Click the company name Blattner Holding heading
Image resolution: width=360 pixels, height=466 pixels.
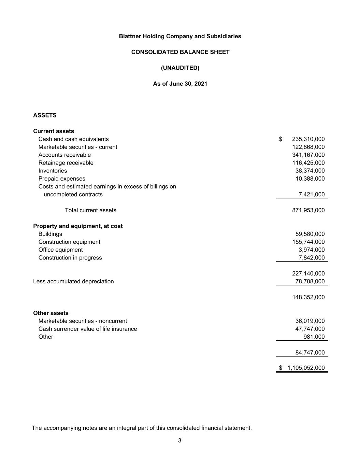[180, 36]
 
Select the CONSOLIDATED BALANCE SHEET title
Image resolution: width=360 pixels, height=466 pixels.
[180, 52]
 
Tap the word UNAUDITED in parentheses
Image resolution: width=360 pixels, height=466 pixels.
[180, 68]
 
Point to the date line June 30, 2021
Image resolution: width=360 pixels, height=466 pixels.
[180, 84]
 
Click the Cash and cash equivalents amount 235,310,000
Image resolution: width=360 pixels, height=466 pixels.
[308, 139]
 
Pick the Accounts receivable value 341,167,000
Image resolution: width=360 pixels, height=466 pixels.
[308, 155]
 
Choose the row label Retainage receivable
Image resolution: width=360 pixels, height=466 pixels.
[66, 163]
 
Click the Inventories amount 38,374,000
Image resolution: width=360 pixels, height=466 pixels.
[310, 171]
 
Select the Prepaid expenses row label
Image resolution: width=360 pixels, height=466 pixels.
[62, 179]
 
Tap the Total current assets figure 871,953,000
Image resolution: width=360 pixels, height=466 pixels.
[308, 210]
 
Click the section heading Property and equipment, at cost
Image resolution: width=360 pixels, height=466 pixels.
[78, 226]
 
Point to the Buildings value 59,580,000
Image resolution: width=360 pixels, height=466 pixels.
[310, 234]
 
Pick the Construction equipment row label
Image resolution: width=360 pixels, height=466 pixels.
[69, 242]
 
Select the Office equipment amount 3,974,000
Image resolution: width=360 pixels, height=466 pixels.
[312, 250]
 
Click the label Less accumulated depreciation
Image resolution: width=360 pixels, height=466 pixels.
[73, 281]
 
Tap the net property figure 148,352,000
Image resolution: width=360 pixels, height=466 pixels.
[308, 297]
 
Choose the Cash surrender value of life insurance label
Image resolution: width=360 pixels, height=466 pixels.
[88, 329]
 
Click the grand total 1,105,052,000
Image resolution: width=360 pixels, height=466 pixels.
[306, 368]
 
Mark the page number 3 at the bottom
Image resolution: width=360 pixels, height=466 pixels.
[180, 440]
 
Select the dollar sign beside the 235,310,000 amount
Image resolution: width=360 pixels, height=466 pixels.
[280, 139]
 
